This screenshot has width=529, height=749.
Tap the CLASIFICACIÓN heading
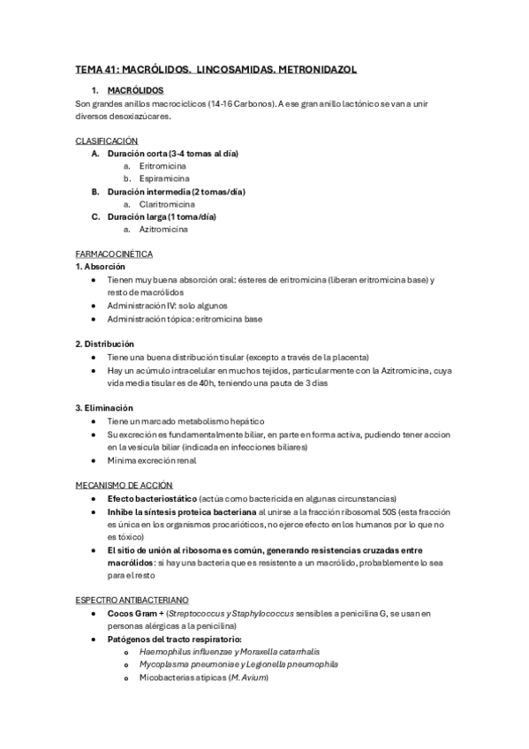(106, 140)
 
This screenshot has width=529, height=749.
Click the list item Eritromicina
(162, 165)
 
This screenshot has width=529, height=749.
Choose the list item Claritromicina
(167, 203)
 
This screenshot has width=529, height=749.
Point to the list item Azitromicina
(163, 229)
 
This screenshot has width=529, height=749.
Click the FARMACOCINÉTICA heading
(114, 254)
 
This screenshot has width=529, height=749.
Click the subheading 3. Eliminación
(103, 408)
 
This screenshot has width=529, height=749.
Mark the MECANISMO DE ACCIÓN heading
(124, 485)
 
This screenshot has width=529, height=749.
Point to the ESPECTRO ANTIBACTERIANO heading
(132, 600)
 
